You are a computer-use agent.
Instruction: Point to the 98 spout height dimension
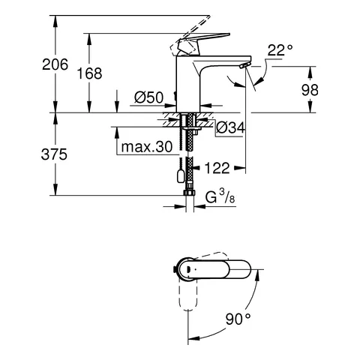(x=330, y=89)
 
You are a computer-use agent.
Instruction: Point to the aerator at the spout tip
(x=241, y=67)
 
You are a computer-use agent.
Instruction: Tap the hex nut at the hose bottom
(x=188, y=199)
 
